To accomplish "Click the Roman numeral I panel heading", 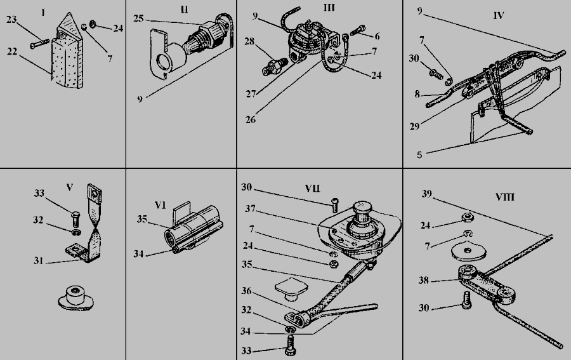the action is tap(43, 13).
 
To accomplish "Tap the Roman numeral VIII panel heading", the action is tap(505, 197).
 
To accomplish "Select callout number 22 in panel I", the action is tap(12, 51).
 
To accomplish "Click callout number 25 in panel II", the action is tap(138, 18).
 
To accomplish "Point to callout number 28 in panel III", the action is tap(249, 41).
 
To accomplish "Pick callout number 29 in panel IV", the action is tap(415, 126).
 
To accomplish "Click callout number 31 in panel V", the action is tap(39, 261).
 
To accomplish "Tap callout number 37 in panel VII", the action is tap(250, 209).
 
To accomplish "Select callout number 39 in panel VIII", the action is tap(427, 194).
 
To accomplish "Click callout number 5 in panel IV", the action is tap(419, 155).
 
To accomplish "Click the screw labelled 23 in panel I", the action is tap(40, 44).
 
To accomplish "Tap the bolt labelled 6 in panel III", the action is tap(358, 30).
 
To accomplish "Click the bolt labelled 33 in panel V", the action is tap(75, 218).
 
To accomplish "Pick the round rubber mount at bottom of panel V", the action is tap(76, 298).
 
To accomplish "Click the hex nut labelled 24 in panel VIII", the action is tap(468, 218).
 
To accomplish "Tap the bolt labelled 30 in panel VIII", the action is tap(467, 300).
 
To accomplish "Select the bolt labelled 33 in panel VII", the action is tap(290, 345).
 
